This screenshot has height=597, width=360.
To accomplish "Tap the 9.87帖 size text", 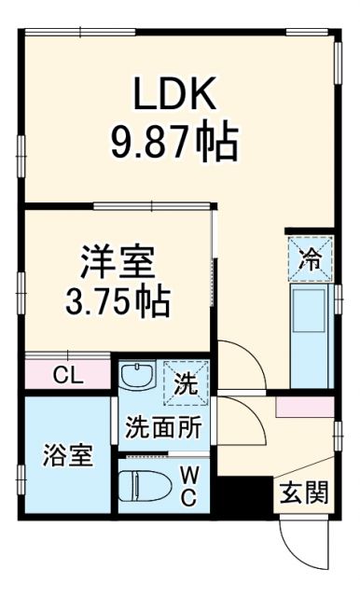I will tap(175, 143).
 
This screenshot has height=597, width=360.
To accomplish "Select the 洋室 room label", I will tap(118, 260).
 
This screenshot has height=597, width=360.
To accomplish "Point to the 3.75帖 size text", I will tap(118, 300).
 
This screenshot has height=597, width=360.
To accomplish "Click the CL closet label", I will tap(66, 375).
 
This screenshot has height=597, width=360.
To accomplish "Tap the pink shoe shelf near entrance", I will tap(305, 407).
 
